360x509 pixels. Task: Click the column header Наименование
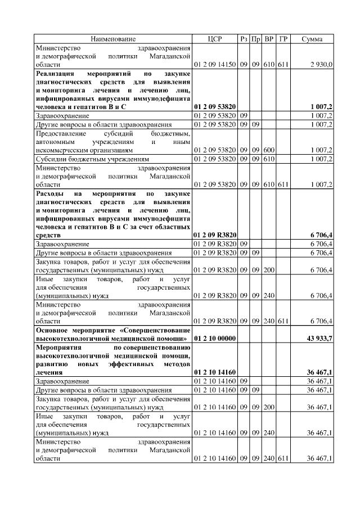click(113, 39)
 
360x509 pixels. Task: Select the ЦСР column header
click(215, 39)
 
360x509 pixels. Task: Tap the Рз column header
click(244, 39)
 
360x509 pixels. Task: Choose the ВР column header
click(269, 39)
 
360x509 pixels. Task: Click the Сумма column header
click(312, 39)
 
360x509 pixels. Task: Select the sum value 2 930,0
click(321, 65)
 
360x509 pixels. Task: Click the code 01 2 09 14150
click(214, 65)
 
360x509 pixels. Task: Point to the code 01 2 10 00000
click(214, 339)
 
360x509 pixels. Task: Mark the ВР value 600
click(269, 150)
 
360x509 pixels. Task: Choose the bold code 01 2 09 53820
click(214, 106)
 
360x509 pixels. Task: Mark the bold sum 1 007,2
click(321, 106)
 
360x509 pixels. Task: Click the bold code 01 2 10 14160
click(214, 372)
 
